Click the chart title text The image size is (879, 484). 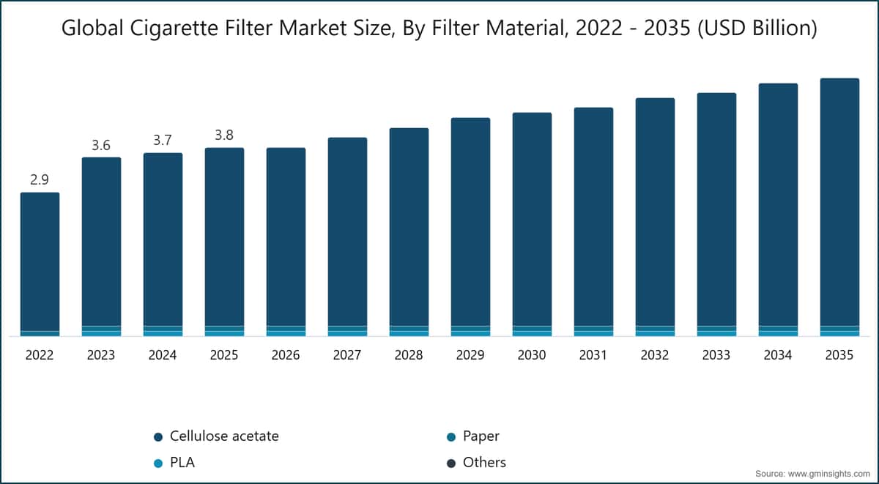coord(439,28)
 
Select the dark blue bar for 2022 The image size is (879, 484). coord(40,261)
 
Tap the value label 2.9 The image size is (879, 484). coord(40,179)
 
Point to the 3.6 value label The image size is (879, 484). coord(101,145)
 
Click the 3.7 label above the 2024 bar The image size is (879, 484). coord(163,140)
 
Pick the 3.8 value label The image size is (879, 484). coord(224,135)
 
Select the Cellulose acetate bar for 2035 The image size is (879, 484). coord(839,202)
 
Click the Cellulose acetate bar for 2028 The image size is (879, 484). coord(409,227)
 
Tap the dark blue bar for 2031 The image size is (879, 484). coord(593,217)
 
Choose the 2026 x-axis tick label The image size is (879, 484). coord(286,355)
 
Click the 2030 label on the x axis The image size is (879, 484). coord(532,355)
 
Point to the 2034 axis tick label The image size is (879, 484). coord(778,355)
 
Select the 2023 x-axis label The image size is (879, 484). coord(101,355)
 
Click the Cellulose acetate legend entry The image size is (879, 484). coord(216,436)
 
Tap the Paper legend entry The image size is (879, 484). coord(473,436)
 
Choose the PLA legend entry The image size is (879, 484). coord(174,463)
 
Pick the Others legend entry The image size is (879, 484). coord(476,463)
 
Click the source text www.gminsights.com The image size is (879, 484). coord(828,474)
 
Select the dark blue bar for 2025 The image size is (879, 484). coord(224,237)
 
